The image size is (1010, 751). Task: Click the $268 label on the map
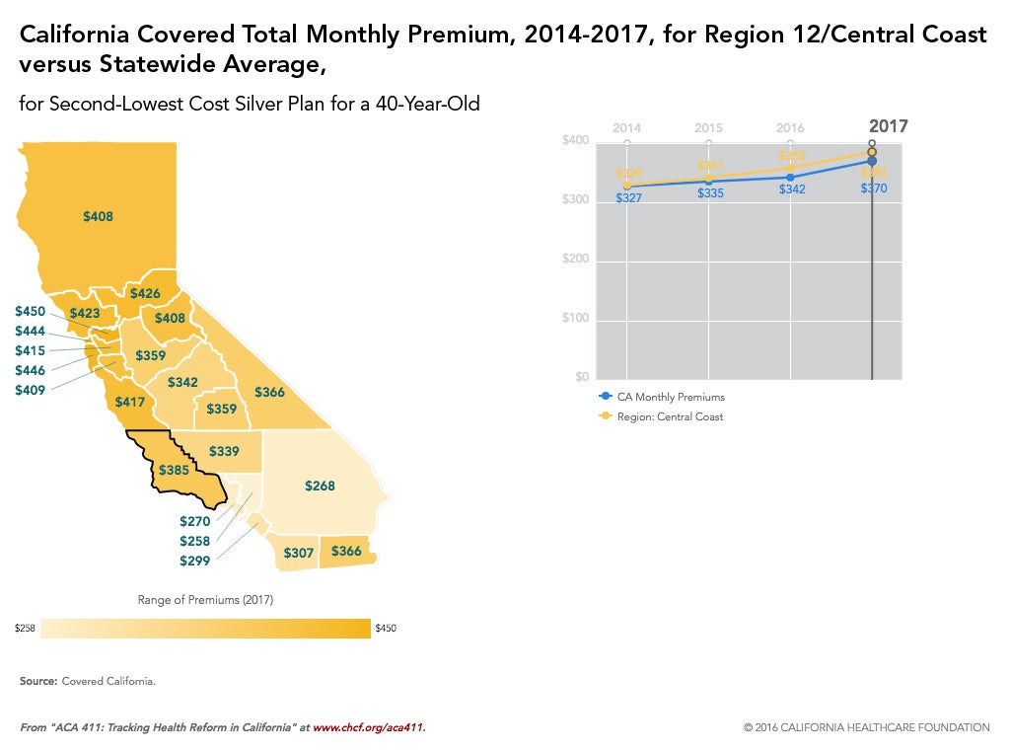click(320, 487)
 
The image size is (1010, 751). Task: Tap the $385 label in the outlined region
click(174, 471)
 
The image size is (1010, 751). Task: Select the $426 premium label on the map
click(145, 293)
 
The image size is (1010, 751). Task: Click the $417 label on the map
click(130, 402)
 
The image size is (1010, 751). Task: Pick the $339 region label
click(225, 451)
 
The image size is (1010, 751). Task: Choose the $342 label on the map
click(182, 382)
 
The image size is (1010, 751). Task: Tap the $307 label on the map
click(298, 553)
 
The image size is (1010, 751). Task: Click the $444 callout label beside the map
click(30, 331)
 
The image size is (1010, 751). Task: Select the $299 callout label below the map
click(194, 561)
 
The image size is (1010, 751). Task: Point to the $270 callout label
click(194, 521)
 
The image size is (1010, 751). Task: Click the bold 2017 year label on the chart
click(888, 126)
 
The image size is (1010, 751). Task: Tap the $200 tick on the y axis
click(575, 260)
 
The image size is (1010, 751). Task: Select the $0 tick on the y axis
click(583, 377)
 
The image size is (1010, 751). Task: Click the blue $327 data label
click(629, 198)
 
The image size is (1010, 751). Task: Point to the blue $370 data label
click(874, 188)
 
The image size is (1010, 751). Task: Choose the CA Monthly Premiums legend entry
click(670, 397)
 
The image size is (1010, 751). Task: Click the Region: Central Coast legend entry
click(670, 416)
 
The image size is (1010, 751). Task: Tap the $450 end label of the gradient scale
click(386, 628)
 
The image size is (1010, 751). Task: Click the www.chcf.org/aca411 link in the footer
click(368, 727)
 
